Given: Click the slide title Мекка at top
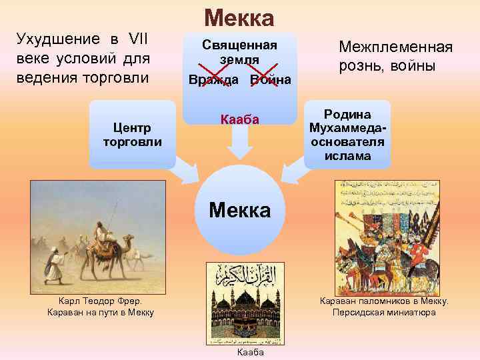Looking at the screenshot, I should coord(239,18).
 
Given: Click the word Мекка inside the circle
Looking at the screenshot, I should coord(239,211).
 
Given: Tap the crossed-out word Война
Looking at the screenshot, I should coord(270,80).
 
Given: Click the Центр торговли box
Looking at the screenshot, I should coord(132,135).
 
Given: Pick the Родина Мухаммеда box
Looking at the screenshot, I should coord(347,134).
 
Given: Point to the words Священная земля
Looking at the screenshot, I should coord(239,52).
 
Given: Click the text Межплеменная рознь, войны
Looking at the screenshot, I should coord(395,57).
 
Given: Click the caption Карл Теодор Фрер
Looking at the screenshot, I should coord(101,301).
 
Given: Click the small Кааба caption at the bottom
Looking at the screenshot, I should coord(246,352).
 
